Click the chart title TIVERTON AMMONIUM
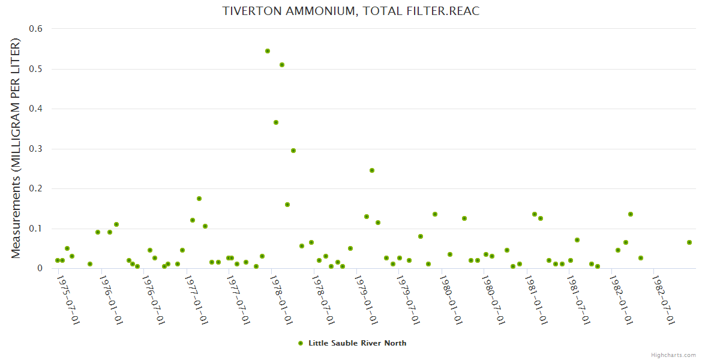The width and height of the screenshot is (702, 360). click(351, 11)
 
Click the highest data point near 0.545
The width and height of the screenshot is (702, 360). click(268, 51)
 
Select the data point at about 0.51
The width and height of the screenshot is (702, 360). click(282, 65)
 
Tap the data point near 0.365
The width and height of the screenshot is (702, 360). click(276, 122)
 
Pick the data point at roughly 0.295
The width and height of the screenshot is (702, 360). click(293, 151)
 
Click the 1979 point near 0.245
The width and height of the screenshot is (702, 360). click(372, 170)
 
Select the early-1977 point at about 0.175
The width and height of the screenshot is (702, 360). click(199, 199)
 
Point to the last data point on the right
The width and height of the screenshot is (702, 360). click(689, 242)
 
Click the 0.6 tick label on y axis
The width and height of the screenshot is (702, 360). click(36, 29)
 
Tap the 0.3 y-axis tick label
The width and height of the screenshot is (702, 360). click(36, 149)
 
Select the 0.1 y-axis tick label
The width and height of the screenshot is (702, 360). click(36, 229)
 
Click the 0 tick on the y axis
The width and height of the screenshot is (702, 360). click(40, 268)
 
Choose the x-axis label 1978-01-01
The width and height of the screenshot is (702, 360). click(281, 300)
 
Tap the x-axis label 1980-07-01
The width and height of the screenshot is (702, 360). click(493, 300)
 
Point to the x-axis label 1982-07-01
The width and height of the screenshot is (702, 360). click(663, 300)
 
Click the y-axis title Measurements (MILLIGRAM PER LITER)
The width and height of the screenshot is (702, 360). click(16, 148)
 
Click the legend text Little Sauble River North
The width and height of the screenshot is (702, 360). click(357, 343)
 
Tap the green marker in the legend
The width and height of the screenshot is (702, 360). click(301, 343)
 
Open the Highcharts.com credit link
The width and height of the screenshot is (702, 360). click(673, 355)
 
